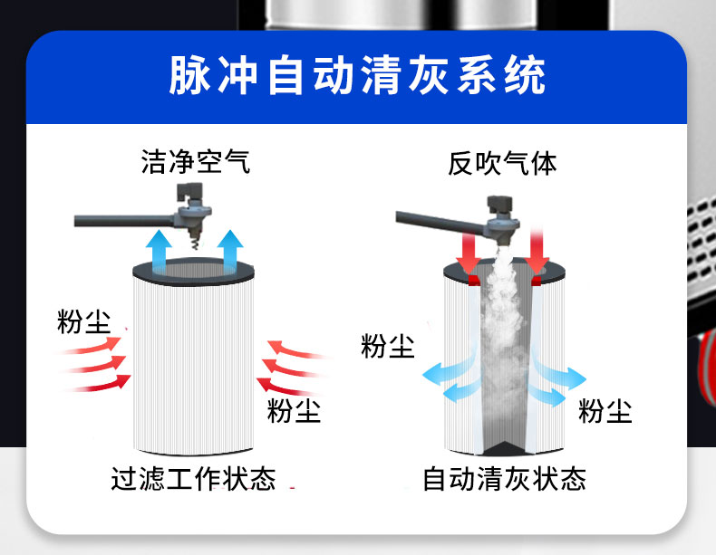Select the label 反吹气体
(502, 163)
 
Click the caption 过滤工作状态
(193, 478)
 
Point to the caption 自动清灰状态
(504, 478)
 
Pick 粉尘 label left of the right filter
(388, 346)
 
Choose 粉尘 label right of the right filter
(605, 412)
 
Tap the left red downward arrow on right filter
(468, 253)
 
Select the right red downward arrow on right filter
(537, 253)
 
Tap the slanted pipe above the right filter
(440, 220)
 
